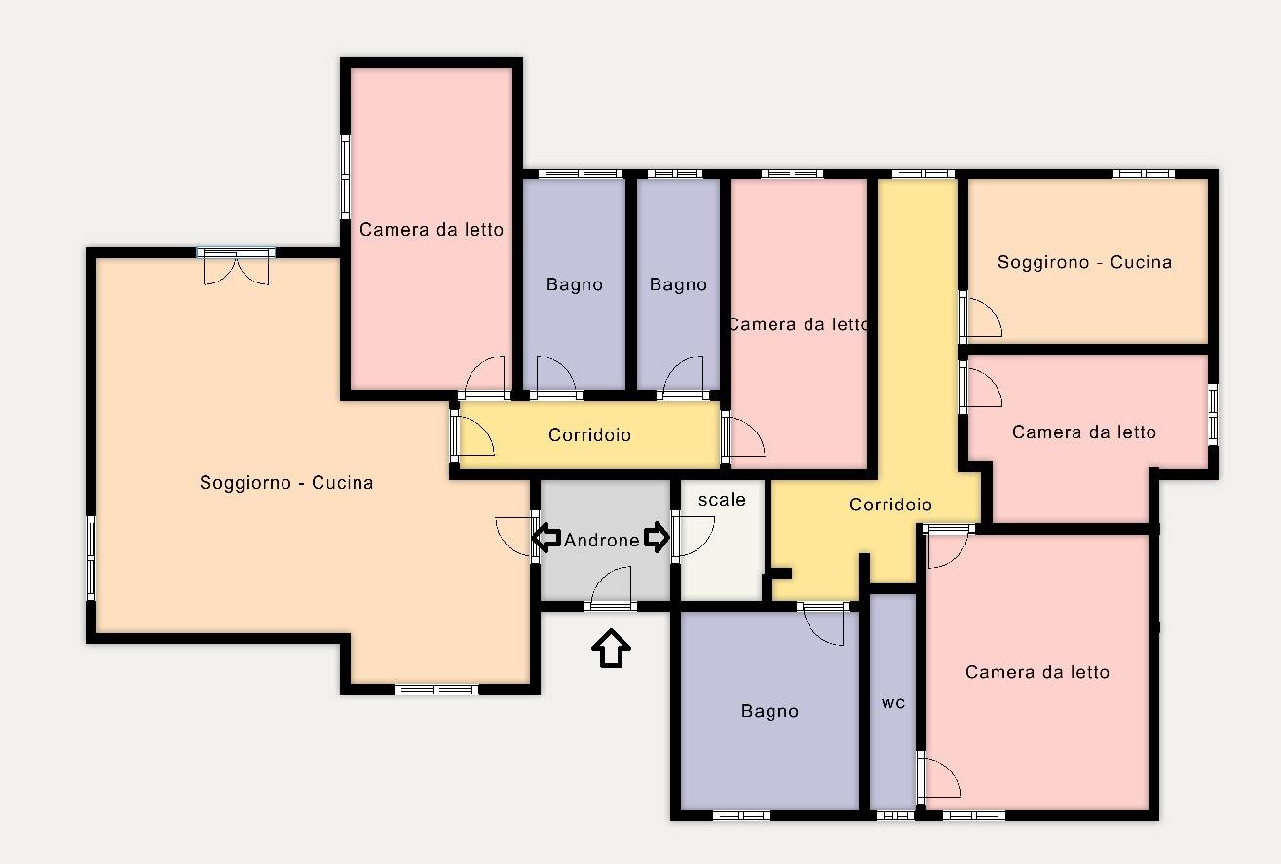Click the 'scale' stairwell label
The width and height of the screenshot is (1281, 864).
722,500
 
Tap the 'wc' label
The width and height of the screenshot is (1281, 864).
893,702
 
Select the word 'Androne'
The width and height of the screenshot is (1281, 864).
601,540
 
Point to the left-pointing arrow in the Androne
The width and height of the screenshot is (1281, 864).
546,538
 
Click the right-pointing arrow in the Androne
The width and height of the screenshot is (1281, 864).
656,537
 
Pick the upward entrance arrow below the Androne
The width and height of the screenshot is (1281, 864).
611,648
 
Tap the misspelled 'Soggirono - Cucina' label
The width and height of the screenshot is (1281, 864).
1084,262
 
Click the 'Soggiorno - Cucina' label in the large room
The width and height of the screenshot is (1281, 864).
286,483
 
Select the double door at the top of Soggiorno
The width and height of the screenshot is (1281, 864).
236,267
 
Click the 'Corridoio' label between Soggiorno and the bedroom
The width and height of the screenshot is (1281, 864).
589,435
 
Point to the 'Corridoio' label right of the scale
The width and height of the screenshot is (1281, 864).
890,505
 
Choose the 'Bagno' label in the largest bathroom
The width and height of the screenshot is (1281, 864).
770,711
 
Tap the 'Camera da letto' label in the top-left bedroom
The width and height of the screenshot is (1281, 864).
432,230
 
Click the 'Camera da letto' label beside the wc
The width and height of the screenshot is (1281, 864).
1037,672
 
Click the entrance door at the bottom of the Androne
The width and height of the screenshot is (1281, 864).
611,587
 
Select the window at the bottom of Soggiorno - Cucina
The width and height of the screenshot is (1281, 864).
436,690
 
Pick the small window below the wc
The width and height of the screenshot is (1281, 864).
895,816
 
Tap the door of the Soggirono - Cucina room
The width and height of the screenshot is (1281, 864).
980,318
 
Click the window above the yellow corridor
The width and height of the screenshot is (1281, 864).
923,173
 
